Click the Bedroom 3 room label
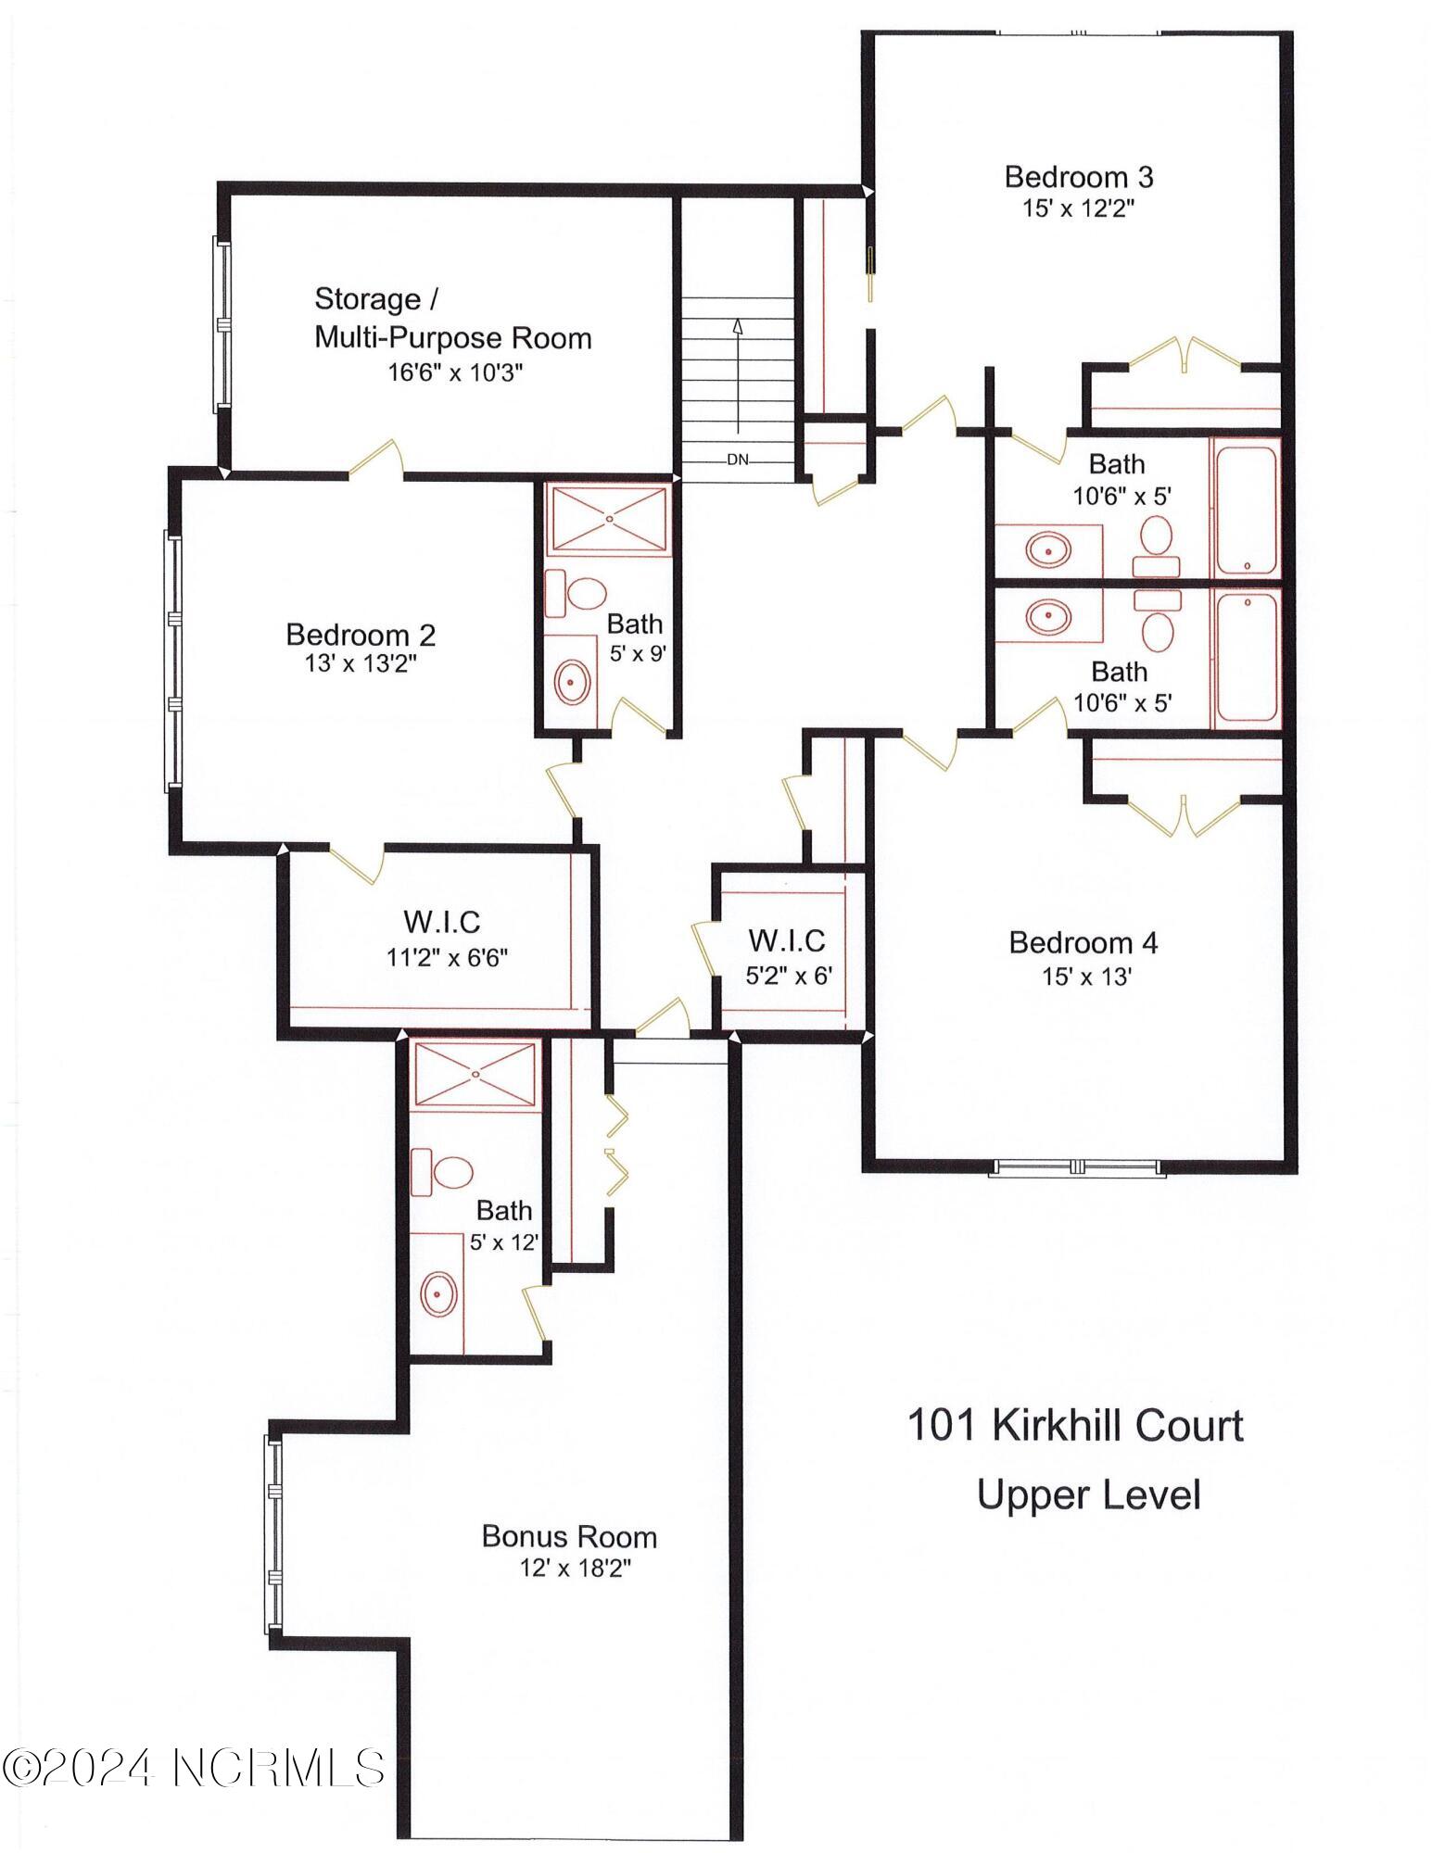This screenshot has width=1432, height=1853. click(x=1078, y=176)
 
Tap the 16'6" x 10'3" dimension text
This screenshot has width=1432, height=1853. click(x=455, y=372)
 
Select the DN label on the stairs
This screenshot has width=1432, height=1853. click(x=737, y=460)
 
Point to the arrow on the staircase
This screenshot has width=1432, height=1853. click(x=738, y=371)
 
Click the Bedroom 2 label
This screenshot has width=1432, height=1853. click(x=361, y=635)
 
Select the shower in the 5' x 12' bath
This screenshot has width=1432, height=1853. click(x=475, y=1073)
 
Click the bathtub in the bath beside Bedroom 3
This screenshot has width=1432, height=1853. click(x=1247, y=507)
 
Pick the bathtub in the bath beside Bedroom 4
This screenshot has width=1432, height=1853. click(x=1247, y=658)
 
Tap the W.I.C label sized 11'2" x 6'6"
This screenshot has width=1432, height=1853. click(x=442, y=922)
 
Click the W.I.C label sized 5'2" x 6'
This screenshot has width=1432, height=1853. click(x=787, y=940)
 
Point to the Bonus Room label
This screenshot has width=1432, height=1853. click(x=569, y=1536)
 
